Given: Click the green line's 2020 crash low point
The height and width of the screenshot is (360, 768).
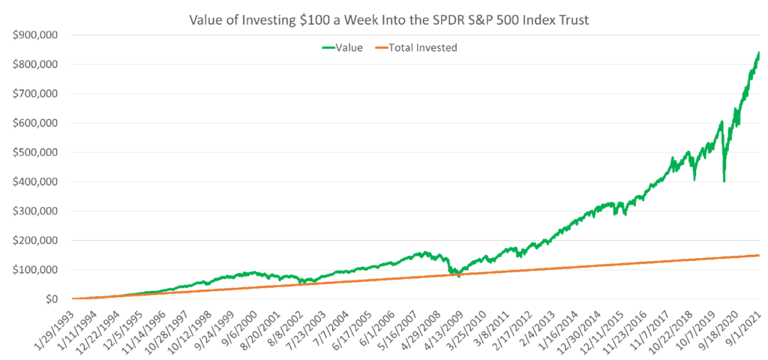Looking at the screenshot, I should [x=724, y=181].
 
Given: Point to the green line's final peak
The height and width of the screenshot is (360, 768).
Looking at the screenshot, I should [x=758, y=52].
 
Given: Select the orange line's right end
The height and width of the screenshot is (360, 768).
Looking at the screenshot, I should [x=759, y=255].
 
